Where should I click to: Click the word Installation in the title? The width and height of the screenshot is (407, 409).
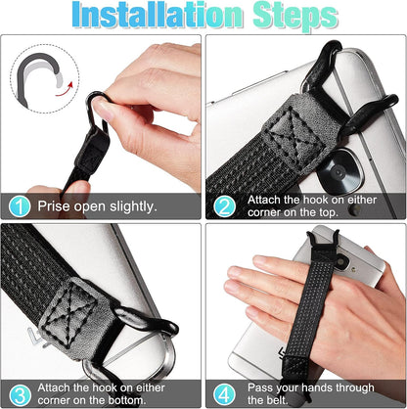point(147,18)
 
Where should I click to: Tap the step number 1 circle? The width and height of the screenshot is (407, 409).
point(20,206)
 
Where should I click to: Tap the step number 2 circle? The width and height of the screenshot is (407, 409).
point(225,206)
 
